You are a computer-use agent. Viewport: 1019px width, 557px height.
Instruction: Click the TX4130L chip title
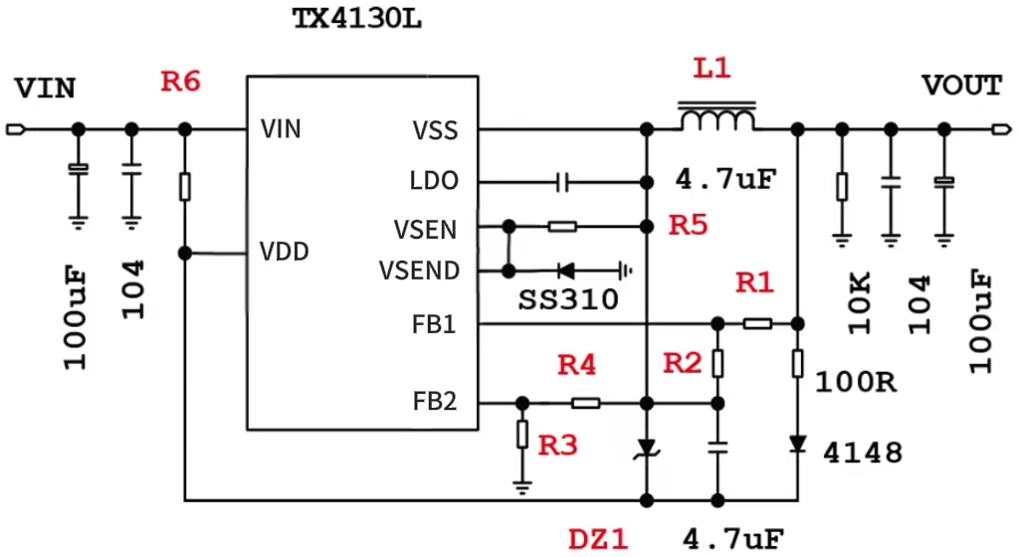click(356, 19)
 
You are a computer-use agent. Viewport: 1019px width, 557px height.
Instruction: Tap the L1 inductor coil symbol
click(716, 118)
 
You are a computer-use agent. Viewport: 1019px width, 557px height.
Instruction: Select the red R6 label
click(181, 82)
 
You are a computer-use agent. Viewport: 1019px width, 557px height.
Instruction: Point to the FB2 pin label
click(435, 402)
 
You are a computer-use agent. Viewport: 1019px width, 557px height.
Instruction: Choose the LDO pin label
click(434, 182)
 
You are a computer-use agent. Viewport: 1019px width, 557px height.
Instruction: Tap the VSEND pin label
click(419, 271)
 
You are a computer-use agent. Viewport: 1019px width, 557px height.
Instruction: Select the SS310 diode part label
click(567, 299)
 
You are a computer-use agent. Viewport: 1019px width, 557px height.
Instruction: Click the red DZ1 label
click(599, 539)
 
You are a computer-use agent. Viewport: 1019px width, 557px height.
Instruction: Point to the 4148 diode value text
click(863, 454)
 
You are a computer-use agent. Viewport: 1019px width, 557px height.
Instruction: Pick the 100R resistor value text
click(855, 381)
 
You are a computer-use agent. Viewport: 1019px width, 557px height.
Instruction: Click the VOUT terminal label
click(961, 86)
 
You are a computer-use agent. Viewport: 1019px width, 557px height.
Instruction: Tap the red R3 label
click(557, 446)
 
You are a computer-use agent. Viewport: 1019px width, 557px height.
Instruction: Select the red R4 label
click(576, 365)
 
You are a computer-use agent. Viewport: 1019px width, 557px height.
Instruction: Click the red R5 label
click(688, 225)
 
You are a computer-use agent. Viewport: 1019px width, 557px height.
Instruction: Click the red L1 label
click(713, 69)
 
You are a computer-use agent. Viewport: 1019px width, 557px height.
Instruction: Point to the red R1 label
click(754, 283)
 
